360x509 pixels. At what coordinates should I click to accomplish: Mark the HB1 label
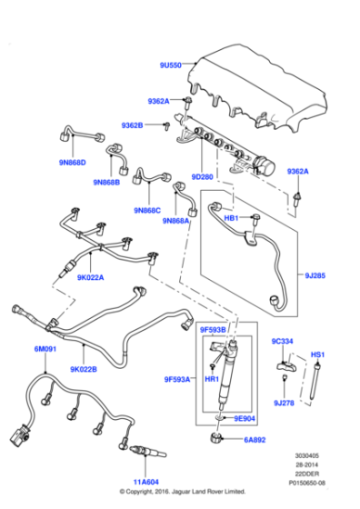(x=231, y=218)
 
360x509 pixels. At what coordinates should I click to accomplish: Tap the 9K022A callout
(x=90, y=278)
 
